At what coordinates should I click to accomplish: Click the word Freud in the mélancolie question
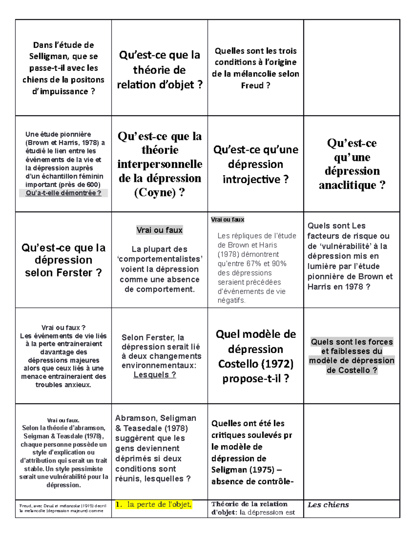pyautogui.click(x=252, y=85)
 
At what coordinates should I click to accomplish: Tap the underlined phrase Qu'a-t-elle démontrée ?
pyautogui.click(x=63, y=193)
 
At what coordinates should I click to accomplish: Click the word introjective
pyautogui.click(x=251, y=179)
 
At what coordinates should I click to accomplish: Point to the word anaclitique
pyautogui.click(x=347, y=185)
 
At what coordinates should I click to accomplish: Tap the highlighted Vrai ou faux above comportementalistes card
pyautogui.click(x=159, y=230)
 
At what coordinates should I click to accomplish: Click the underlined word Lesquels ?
pyautogui.click(x=155, y=374)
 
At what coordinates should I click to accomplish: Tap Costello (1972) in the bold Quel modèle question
pyautogui.click(x=256, y=364)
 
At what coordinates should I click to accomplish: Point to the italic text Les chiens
pyautogui.click(x=328, y=504)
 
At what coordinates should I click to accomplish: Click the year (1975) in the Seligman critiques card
pyautogui.click(x=262, y=470)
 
